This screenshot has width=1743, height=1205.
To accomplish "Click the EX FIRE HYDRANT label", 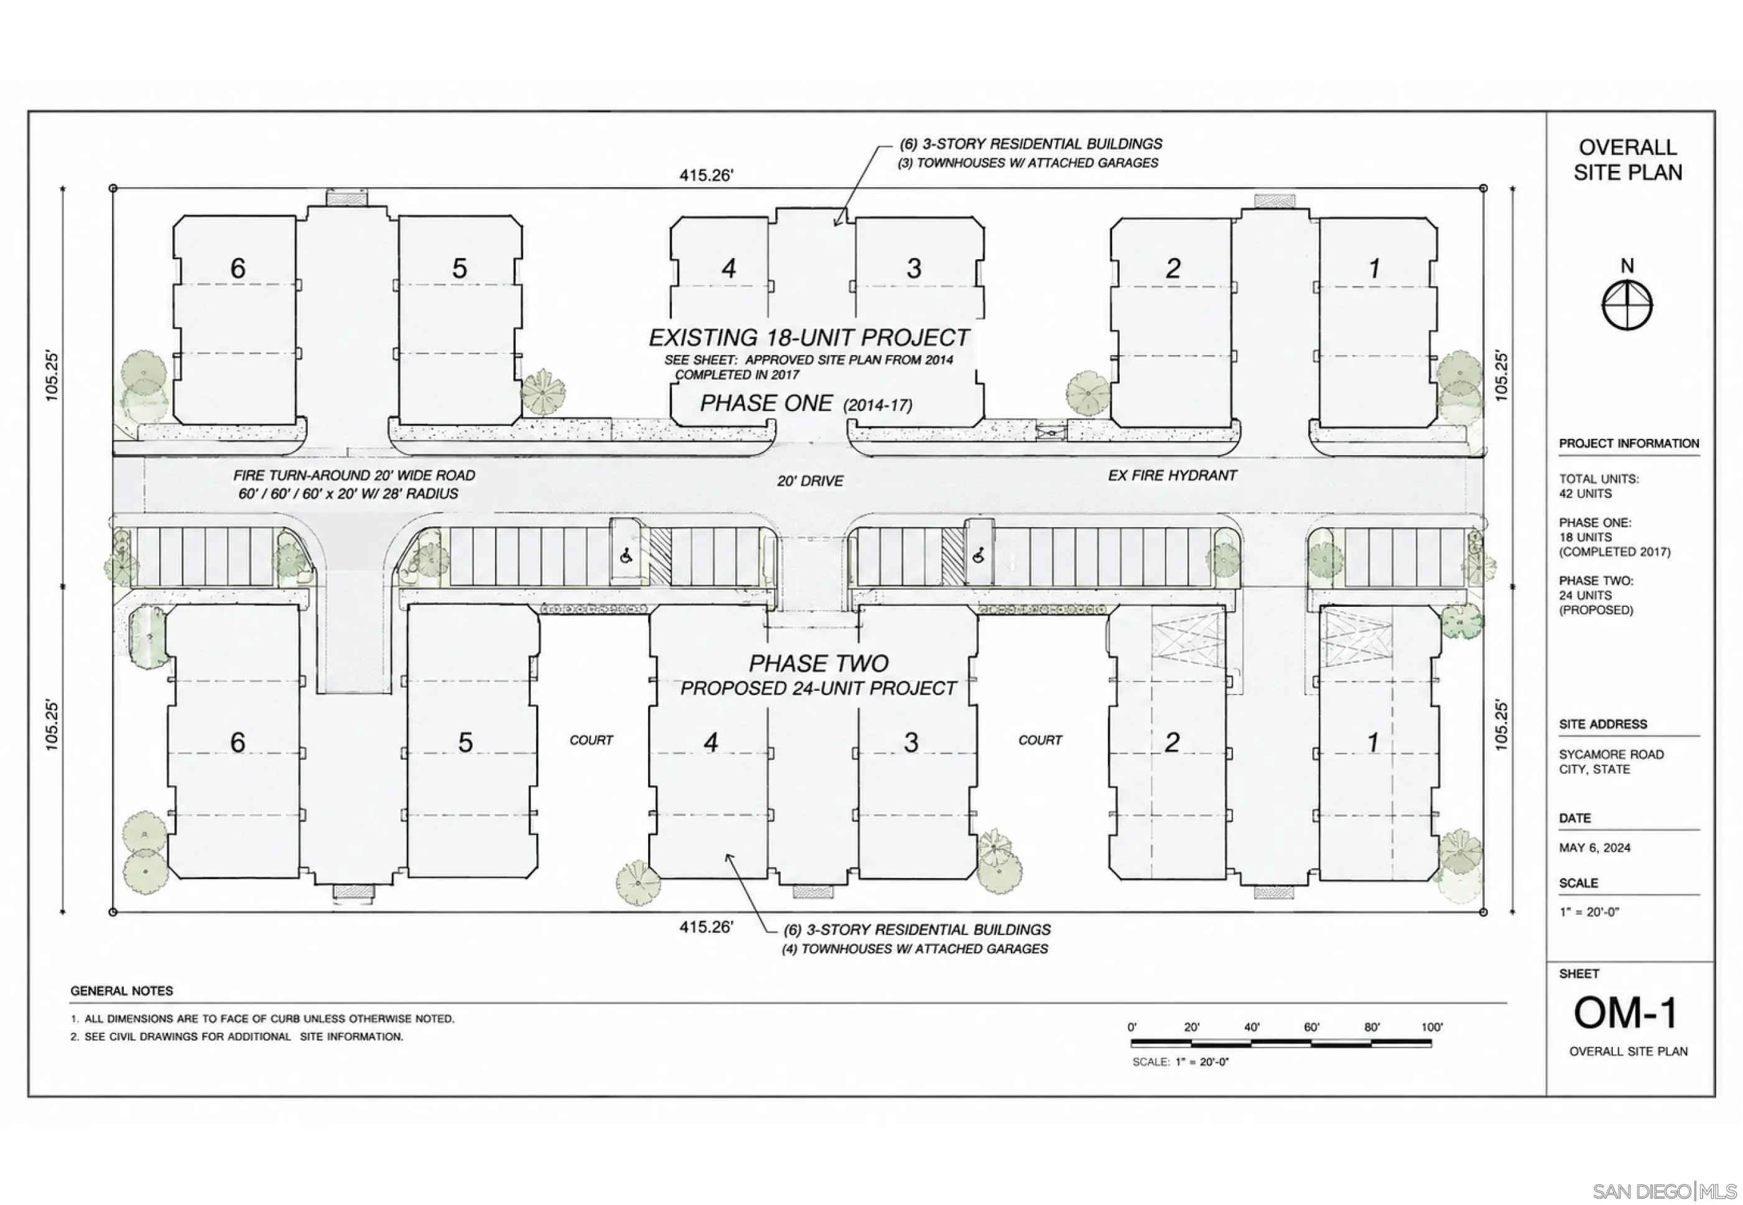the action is [x=1172, y=476].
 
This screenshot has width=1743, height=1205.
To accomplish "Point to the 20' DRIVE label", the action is [x=811, y=481].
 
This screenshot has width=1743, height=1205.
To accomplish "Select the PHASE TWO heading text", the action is [x=819, y=663].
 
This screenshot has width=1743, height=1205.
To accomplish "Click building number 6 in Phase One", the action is [x=238, y=268].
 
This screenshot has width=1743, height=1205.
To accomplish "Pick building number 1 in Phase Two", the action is [x=1373, y=742].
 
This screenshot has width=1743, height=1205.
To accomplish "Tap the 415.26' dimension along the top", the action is [x=706, y=175].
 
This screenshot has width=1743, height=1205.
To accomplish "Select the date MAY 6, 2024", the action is [x=1594, y=848].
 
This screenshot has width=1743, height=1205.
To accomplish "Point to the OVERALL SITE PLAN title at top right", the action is [x=1627, y=160].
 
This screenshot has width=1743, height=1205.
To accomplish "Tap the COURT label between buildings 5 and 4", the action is [x=592, y=741].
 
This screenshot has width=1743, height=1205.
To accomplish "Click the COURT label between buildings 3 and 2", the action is [x=1040, y=741].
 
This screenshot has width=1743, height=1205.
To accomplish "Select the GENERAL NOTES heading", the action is [x=121, y=990].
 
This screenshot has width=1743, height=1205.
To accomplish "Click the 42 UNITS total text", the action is [x=1586, y=494].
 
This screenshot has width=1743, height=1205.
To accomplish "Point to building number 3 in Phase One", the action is [x=914, y=268].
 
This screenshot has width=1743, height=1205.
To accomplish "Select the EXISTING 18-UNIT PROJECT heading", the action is [x=809, y=338].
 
